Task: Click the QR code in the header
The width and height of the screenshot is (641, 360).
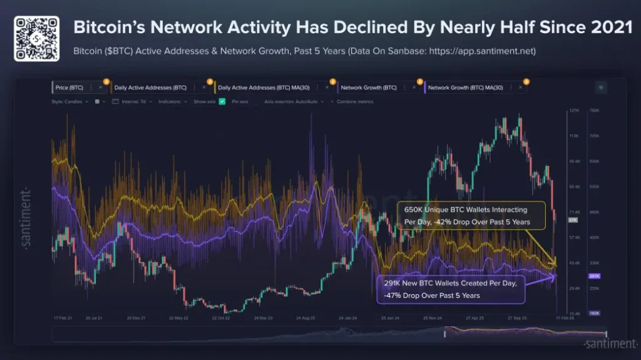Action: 36,39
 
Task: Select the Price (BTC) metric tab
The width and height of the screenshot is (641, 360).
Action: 69,88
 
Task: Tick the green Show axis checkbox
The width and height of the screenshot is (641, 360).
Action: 222,101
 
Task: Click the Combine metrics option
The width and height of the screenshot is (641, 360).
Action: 354,101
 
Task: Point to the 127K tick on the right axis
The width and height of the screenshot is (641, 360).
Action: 573,111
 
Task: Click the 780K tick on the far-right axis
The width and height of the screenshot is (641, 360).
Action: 595,111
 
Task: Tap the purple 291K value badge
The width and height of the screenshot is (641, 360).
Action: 595,275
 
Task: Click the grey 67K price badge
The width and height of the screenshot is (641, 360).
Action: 573,220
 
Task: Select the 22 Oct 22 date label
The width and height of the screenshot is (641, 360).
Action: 222,318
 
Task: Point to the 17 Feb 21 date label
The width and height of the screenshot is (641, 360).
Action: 63,318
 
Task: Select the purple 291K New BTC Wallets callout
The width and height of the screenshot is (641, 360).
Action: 450,289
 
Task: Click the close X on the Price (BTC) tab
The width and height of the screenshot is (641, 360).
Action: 100,88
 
